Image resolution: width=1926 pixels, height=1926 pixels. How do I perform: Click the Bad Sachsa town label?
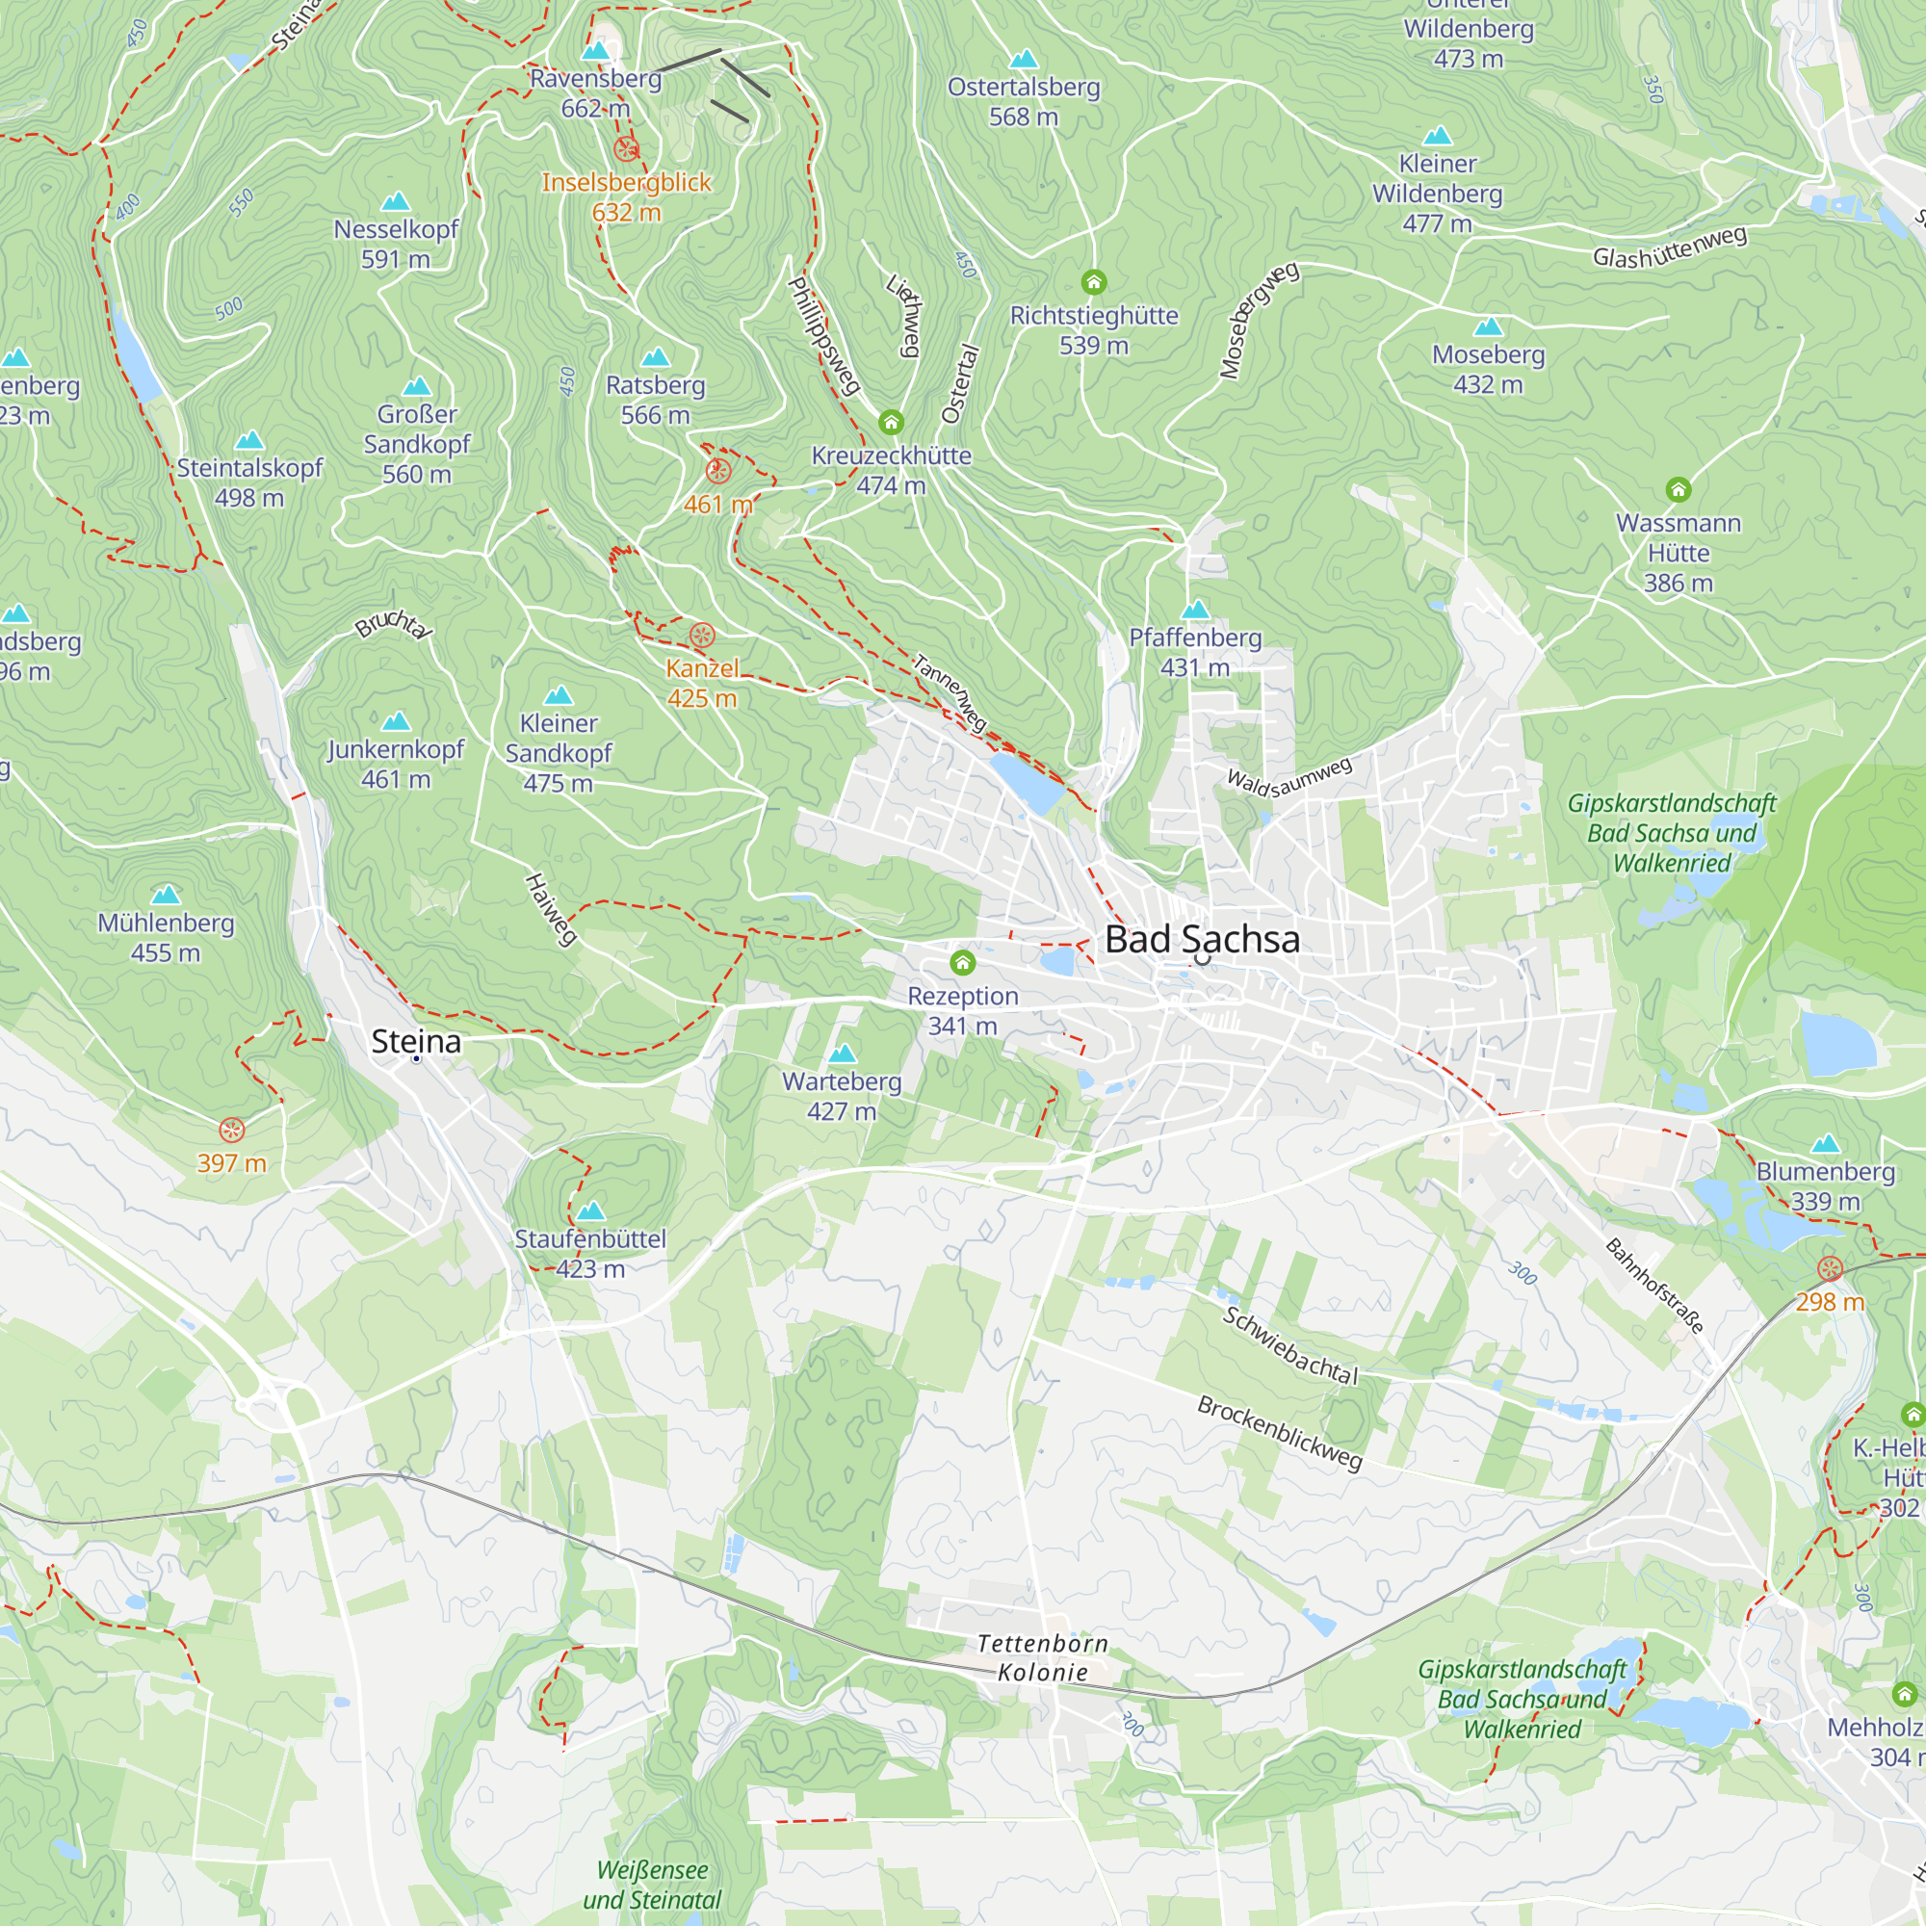(x=1201, y=939)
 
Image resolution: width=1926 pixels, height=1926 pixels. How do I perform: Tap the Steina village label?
(x=416, y=1041)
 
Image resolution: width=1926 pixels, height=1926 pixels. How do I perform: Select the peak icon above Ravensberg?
(x=595, y=51)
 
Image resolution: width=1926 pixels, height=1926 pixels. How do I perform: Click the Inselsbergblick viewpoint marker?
(x=626, y=149)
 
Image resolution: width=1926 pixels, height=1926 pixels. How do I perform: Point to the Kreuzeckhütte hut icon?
(x=891, y=423)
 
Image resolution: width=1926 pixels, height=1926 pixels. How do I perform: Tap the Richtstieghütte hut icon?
(x=1094, y=282)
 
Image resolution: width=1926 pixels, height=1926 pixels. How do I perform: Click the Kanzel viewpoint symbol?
(x=702, y=635)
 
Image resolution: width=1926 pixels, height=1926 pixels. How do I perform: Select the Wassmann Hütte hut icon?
(x=1678, y=489)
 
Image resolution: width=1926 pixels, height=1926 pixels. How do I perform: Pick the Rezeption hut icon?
(x=962, y=962)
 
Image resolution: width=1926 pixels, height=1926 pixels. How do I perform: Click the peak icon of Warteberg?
(x=843, y=1053)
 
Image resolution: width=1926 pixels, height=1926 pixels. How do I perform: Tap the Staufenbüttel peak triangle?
(x=590, y=1210)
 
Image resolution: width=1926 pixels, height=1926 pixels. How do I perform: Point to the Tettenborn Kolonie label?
(x=1043, y=1656)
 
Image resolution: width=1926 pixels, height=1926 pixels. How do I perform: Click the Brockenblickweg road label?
(x=1279, y=1433)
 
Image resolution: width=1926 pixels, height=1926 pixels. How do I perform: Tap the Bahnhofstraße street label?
(x=1653, y=1285)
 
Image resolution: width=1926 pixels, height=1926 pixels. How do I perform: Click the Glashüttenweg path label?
(x=1669, y=247)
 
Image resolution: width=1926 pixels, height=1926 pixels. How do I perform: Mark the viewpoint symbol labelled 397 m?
(x=231, y=1130)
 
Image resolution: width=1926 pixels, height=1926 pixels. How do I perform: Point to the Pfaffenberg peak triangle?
(x=1194, y=610)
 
